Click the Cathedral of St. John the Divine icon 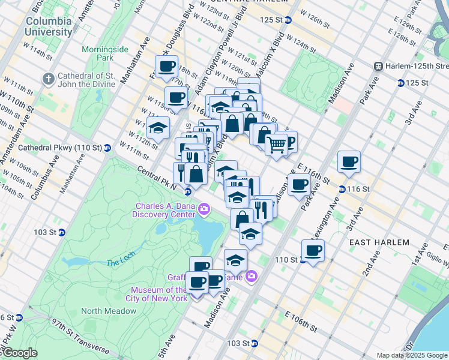pos(47,79)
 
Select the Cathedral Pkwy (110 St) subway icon pos(107,148)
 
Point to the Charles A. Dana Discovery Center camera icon pos(204,209)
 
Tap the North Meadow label pos(101,310)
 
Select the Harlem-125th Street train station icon pos(379,65)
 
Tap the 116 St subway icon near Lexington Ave pos(342,189)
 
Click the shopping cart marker pos(276,144)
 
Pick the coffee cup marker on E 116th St pos(349,161)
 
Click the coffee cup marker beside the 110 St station pos(312,249)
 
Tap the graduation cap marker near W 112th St pos(158,127)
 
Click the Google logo pos(19,353)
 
